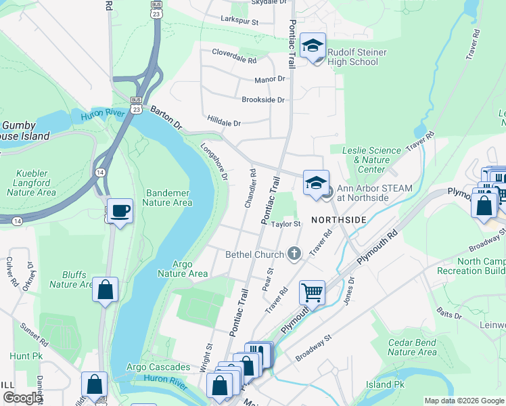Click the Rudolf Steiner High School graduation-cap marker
click(313, 46)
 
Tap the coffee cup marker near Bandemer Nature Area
click(120, 211)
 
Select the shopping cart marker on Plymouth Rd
click(312, 293)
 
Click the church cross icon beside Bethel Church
click(294, 254)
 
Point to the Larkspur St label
click(240, 21)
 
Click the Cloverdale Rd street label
click(234, 60)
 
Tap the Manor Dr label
click(269, 79)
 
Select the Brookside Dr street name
click(263, 99)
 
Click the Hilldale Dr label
click(224, 123)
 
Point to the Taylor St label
click(285, 224)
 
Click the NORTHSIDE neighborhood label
click(339, 221)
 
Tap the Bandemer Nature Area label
click(168, 197)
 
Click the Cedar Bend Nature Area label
click(412, 347)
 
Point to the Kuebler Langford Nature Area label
click(31, 183)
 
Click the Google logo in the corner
click(22, 397)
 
